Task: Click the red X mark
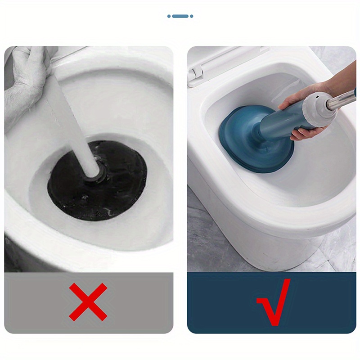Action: tap(88, 302)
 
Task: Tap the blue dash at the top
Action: tap(180, 16)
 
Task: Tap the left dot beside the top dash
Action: tap(169, 16)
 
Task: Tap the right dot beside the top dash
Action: tap(191, 16)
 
